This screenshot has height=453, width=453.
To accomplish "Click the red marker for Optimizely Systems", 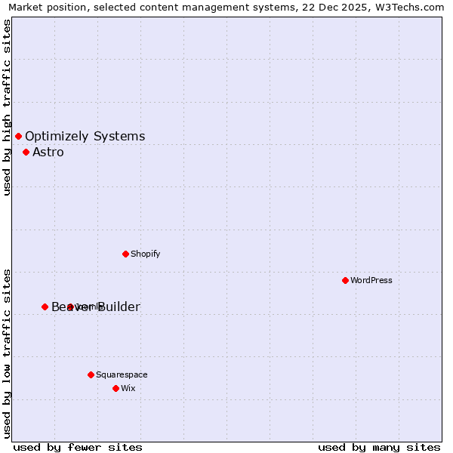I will pos(18,136).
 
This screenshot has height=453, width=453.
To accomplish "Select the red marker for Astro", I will pos(26,152).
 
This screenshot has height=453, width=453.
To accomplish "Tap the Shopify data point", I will pos(125,254).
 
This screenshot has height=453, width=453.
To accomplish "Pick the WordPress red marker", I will pos(345,280).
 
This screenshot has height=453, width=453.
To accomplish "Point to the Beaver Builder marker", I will pos(45,307).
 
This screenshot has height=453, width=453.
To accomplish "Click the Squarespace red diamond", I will pos(91,374).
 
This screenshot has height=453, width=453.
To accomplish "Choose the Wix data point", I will pos(116,388).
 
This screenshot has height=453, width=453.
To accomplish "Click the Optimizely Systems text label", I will pos(85,137).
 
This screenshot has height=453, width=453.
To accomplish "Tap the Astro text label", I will pos(48,153).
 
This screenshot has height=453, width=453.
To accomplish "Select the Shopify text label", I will pos(145,254).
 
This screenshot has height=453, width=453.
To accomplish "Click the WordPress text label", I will pos(371,280).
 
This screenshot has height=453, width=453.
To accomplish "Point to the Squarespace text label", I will pos(122,374).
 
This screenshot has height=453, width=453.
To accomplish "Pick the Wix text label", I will pos(128,388).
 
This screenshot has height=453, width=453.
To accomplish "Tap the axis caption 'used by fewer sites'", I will pos(78,447).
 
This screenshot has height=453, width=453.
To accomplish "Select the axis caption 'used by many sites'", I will pos(379,447).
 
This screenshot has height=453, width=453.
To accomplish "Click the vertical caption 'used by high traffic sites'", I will pos(7,107).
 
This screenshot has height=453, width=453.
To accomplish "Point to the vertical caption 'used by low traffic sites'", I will pos(7,353).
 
